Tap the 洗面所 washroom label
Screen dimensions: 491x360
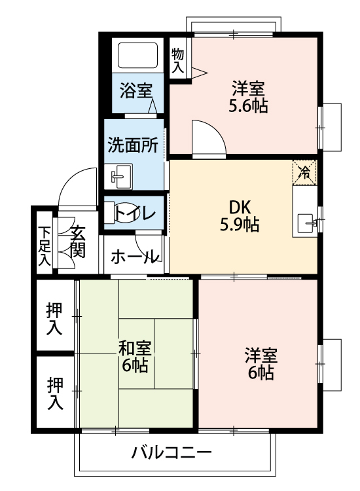tap(133, 145)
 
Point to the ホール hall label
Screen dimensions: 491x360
tap(134, 257)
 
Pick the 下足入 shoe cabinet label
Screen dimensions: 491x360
tap(44, 245)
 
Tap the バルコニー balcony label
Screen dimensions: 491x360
tap(171, 452)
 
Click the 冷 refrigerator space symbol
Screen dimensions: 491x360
tap(304, 172)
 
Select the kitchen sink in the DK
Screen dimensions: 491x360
tap(306, 223)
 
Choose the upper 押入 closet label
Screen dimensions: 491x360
tap(55, 318)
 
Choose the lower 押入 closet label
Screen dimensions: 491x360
tap(55, 393)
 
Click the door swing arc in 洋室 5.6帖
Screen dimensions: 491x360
tap(208, 137)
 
